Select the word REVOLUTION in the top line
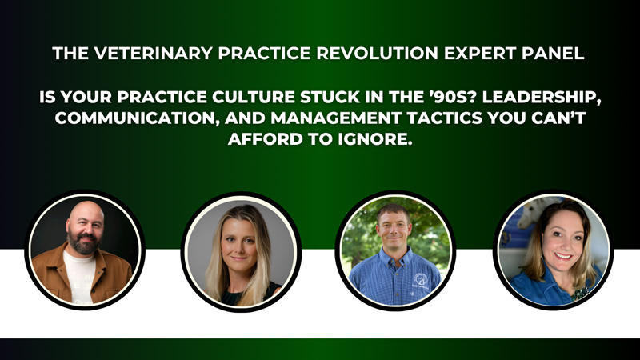click(x=378, y=54)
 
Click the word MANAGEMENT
click(x=336, y=118)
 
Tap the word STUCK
click(x=330, y=97)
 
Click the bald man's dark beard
click(x=84, y=243)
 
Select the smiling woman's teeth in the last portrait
click(x=564, y=256)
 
